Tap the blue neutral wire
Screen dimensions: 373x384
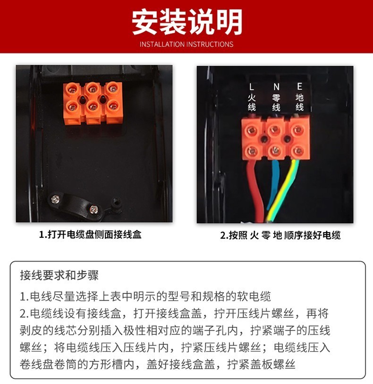[x=273, y=183]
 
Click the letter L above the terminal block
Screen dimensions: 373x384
[x=252, y=87]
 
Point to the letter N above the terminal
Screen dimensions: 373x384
[x=276, y=87]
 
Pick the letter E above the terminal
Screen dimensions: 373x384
[x=300, y=87]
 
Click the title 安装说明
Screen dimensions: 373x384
[x=187, y=22]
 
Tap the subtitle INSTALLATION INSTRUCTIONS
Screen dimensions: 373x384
[x=186, y=44]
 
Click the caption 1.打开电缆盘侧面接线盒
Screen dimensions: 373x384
[x=90, y=235]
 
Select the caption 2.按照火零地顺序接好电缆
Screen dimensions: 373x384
[x=280, y=236]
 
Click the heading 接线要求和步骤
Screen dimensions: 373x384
[x=59, y=275]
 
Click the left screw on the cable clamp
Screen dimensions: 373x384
[x=54, y=199]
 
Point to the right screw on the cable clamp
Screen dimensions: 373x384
[x=93, y=209]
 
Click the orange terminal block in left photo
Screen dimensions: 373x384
[x=93, y=103]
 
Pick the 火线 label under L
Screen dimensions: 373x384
[x=252, y=102]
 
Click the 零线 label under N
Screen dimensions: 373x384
[x=276, y=102]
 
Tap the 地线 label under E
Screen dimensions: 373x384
[x=300, y=102]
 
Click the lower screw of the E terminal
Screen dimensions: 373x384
[x=298, y=150]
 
